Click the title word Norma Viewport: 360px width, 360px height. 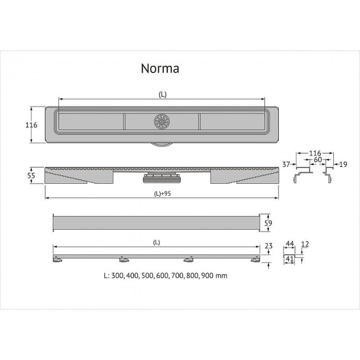click(x=160, y=68)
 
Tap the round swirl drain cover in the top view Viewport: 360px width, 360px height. click(x=162, y=122)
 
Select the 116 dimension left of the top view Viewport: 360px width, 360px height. click(x=31, y=125)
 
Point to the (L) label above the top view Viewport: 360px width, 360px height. click(x=162, y=94)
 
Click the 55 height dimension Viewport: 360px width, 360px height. click(x=31, y=176)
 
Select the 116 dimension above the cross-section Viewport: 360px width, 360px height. click(x=315, y=153)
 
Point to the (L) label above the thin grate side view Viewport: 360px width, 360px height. click(x=157, y=242)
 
